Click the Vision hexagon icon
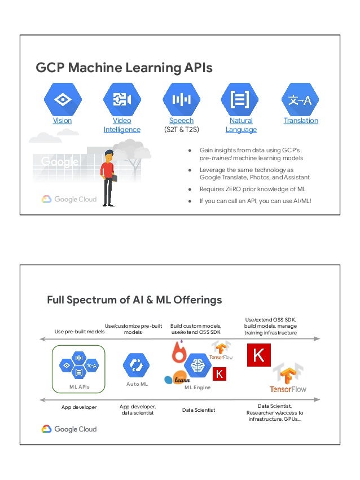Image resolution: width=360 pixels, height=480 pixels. pos(63,99)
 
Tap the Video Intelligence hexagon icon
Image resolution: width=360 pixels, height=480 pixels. pos(122,99)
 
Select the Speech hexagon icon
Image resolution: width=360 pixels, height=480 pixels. pos(181,99)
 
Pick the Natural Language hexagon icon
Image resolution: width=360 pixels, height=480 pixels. pos(241,99)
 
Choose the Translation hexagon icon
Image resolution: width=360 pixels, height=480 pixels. pos(300,99)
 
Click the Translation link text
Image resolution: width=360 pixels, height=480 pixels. pos(301,121)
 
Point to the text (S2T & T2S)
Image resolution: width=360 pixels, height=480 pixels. pos(181,130)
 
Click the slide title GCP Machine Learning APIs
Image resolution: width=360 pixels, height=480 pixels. pos(124,68)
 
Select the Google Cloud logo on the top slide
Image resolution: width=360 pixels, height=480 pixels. pos(69,199)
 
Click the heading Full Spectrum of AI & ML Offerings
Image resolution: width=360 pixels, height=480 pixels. pos(134,300)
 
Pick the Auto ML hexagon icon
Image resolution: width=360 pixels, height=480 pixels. pos(136,365)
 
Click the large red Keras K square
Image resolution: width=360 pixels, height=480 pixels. pos(259,355)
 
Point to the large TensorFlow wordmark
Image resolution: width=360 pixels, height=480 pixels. pos(288,389)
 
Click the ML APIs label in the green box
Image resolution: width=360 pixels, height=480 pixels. pos(79,387)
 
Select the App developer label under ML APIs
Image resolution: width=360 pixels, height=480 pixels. pos(78,407)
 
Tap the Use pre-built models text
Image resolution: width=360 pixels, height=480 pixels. pos(80,332)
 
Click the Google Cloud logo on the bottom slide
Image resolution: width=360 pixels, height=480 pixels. pos(69,429)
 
